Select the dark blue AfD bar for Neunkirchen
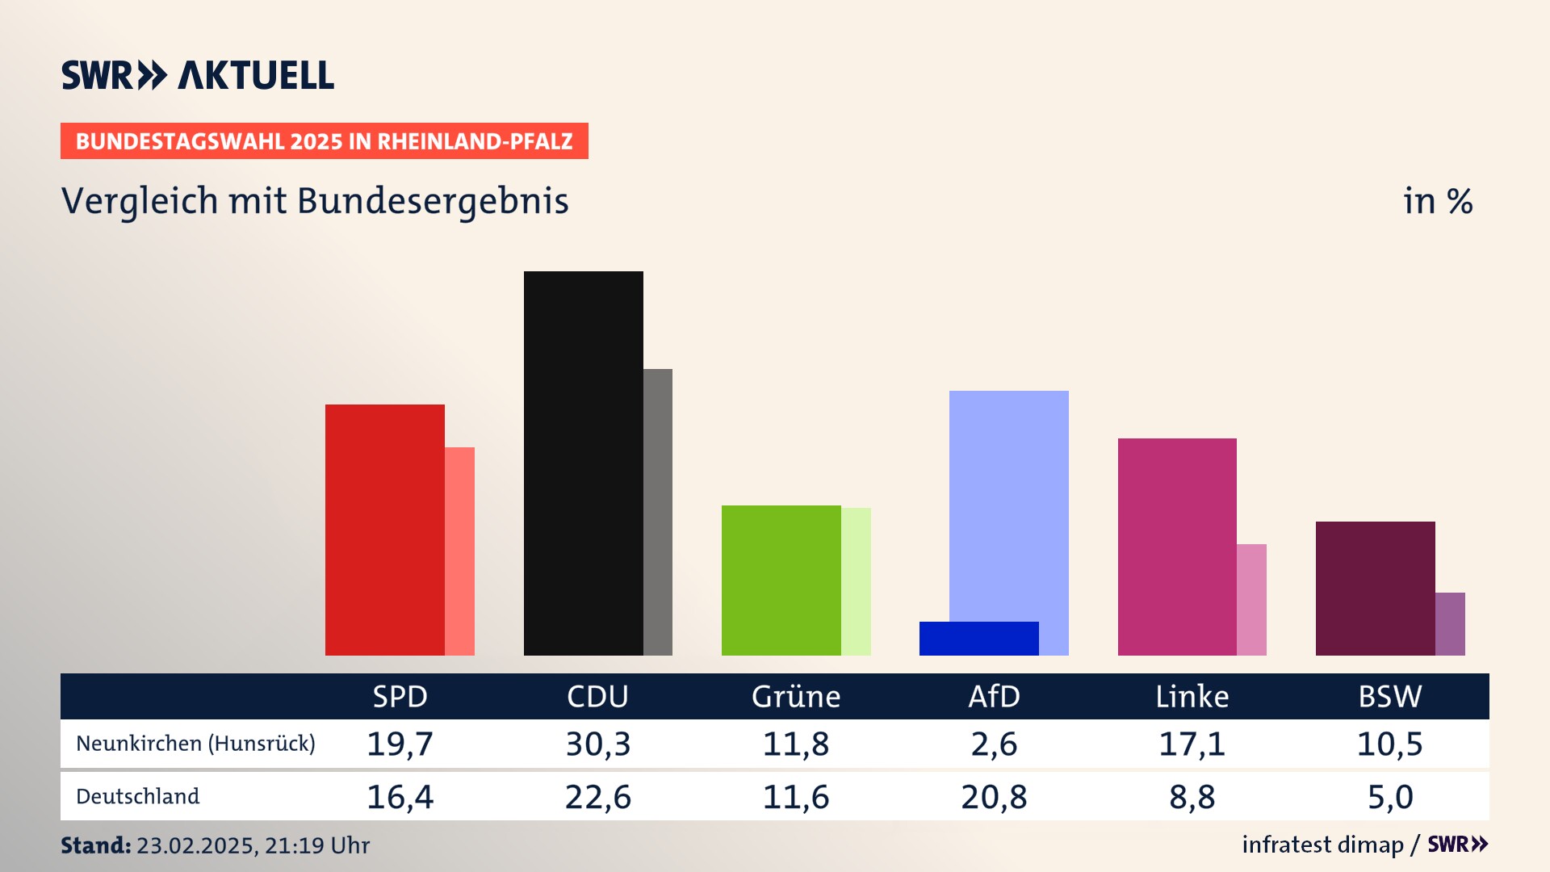click(978, 638)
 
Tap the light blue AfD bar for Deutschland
click(1009, 501)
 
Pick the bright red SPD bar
click(384, 530)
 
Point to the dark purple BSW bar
click(1375, 588)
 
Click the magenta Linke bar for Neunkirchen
click(1177, 547)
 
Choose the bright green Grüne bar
click(781, 580)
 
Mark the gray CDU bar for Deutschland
click(658, 512)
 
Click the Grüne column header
click(796, 696)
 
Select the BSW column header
click(1389, 696)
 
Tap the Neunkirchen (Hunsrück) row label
click(195, 744)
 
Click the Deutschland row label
click(137, 796)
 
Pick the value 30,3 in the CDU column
click(597, 744)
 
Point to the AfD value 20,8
click(994, 797)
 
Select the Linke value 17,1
click(1192, 744)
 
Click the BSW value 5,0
click(1390, 797)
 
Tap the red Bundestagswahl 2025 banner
click(324, 141)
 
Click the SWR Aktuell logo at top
click(198, 75)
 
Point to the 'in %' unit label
click(1437, 201)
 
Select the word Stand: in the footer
click(95, 845)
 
